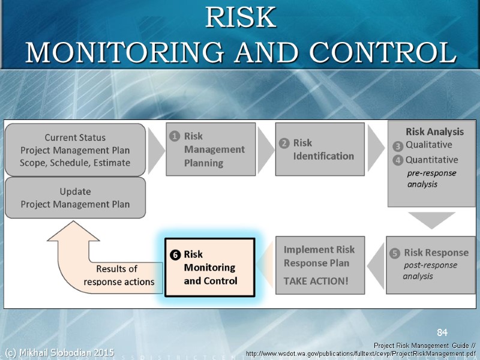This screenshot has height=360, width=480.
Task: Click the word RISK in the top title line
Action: (240, 18)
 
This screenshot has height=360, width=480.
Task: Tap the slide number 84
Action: (442, 332)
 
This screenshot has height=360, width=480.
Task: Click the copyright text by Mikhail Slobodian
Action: (59, 352)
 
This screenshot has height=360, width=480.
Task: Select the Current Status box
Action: (75, 150)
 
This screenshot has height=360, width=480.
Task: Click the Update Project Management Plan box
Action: (75, 198)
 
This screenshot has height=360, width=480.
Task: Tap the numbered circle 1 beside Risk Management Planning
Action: (174, 136)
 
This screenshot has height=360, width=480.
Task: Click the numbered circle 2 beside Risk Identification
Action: (284, 143)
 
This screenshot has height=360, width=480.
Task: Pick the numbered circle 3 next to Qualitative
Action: (397, 146)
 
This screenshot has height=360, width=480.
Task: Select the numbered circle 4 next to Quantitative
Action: (397, 160)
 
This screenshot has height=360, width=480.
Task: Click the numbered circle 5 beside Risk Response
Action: (395, 253)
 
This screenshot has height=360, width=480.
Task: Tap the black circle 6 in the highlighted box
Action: (175, 254)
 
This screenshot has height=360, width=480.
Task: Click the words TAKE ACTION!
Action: (316, 281)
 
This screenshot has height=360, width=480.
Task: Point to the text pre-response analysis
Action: (431, 179)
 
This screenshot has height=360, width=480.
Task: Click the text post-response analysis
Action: (428, 271)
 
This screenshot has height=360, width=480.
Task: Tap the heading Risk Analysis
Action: (434, 131)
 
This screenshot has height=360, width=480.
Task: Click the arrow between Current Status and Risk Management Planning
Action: (156, 150)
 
